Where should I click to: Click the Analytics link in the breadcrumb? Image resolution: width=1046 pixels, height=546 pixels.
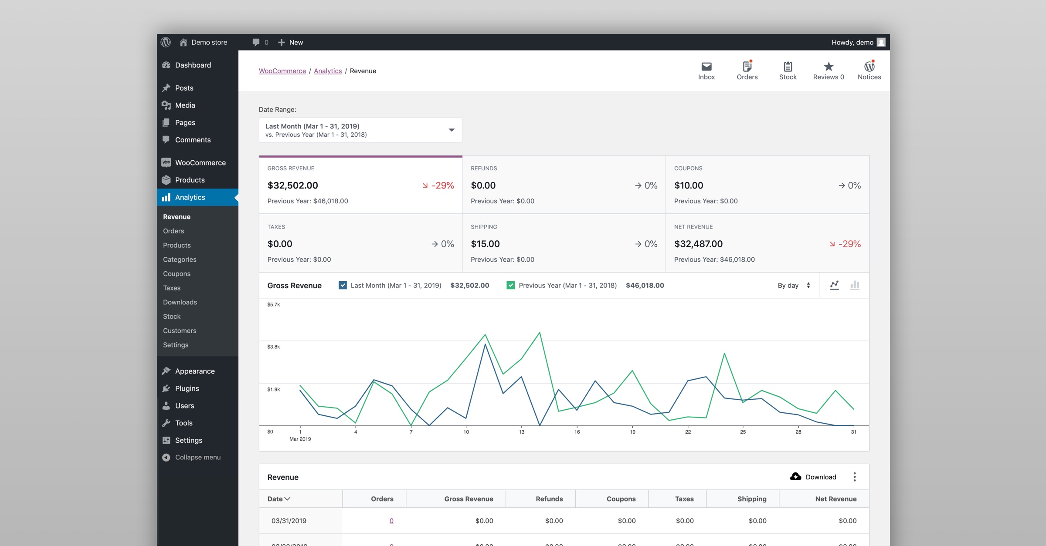328,71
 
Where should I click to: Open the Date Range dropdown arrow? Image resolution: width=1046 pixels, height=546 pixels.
452,130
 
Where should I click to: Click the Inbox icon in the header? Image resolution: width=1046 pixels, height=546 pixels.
706,67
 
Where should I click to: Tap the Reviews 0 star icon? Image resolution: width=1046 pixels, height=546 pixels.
829,67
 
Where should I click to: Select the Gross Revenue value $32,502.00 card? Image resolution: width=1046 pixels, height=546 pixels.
293,185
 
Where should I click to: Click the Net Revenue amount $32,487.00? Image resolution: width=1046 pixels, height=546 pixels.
698,244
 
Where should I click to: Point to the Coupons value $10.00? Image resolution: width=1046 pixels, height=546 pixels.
689,185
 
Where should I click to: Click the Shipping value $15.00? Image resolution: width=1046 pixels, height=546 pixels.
485,244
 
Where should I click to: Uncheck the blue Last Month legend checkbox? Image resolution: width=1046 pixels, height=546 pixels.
343,285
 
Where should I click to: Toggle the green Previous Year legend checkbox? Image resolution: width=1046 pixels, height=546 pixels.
510,285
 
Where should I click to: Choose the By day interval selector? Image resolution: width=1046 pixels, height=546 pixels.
794,285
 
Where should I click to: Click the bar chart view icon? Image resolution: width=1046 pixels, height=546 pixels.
855,285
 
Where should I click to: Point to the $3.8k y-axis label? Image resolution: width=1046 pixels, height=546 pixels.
274,347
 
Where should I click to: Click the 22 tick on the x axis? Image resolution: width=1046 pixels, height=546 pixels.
688,432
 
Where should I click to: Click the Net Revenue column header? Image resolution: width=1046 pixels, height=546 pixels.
835,499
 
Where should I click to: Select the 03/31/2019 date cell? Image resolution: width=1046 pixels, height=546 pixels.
289,521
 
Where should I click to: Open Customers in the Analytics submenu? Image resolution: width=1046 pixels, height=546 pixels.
180,330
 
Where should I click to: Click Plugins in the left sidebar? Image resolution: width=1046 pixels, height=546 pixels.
187,388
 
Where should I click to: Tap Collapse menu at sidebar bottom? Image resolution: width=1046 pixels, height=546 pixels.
197,457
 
